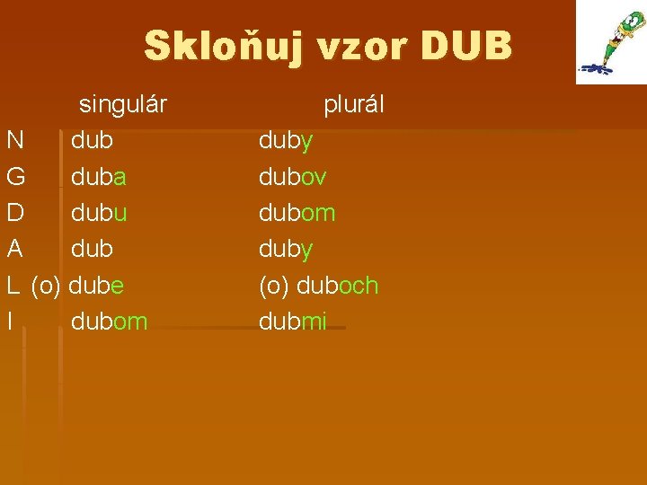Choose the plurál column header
tap(354, 104)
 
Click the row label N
tap(15, 141)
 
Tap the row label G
tap(15, 177)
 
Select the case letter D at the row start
tap(15, 213)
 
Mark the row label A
tap(15, 249)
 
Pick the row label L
tap(13, 286)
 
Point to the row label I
tap(9, 322)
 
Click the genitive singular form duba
tap(98, 177)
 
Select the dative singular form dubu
tap(98, 213)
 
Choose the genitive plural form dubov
tap(292, 177)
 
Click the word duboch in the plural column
tap(337, 286)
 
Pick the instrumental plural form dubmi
tap(292, 322)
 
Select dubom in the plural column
tap(297, 213)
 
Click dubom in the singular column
tap(109, 322)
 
